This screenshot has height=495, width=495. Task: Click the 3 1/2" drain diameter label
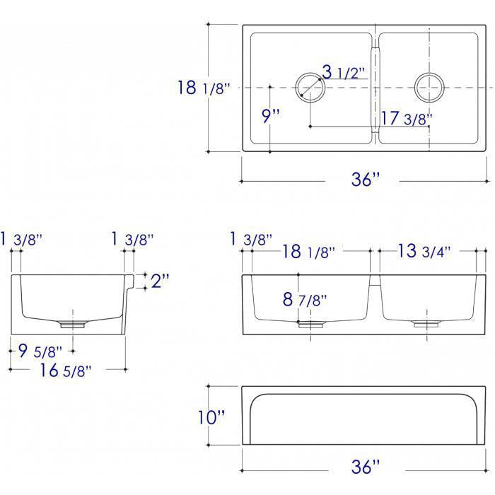pyautogui.click(x=344, y=72)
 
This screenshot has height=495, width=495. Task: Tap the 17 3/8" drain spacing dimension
pyautogui.click(x=407, y=118)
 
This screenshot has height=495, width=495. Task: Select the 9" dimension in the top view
pyautogui.click(x=271, y=115)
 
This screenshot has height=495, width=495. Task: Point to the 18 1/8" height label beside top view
pyautogui.click(x=204, y=88)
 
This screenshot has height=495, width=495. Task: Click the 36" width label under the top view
pyautogui.click(x=366, y=180)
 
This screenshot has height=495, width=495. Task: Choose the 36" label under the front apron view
pyautogui.click(x=366, y=467)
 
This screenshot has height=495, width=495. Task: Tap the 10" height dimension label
pyautogui.click(x=211, y=417)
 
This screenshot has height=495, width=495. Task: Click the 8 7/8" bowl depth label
pyautogui.click(x=305, y=299)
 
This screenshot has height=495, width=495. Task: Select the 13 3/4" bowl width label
pyautogui.click(x=424, y=251)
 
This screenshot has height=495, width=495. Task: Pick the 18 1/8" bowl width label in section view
pyautogui.click(x=308, y=252)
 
